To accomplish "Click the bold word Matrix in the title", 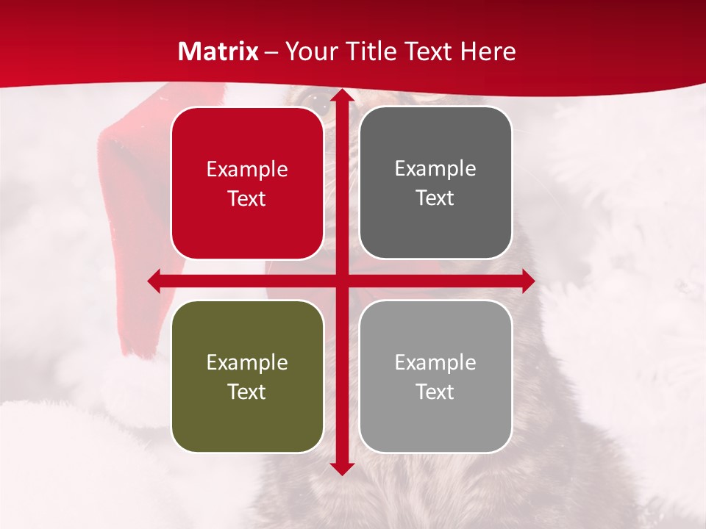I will click(x=218, y=51).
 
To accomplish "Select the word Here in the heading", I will click(x=488, y=51).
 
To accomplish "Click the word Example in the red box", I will click(x=247, y=170).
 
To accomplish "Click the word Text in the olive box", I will click(x=247, y=392).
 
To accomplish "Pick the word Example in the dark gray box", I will click(x=435, y=169).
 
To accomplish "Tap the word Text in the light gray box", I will click(x=435, y=392).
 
